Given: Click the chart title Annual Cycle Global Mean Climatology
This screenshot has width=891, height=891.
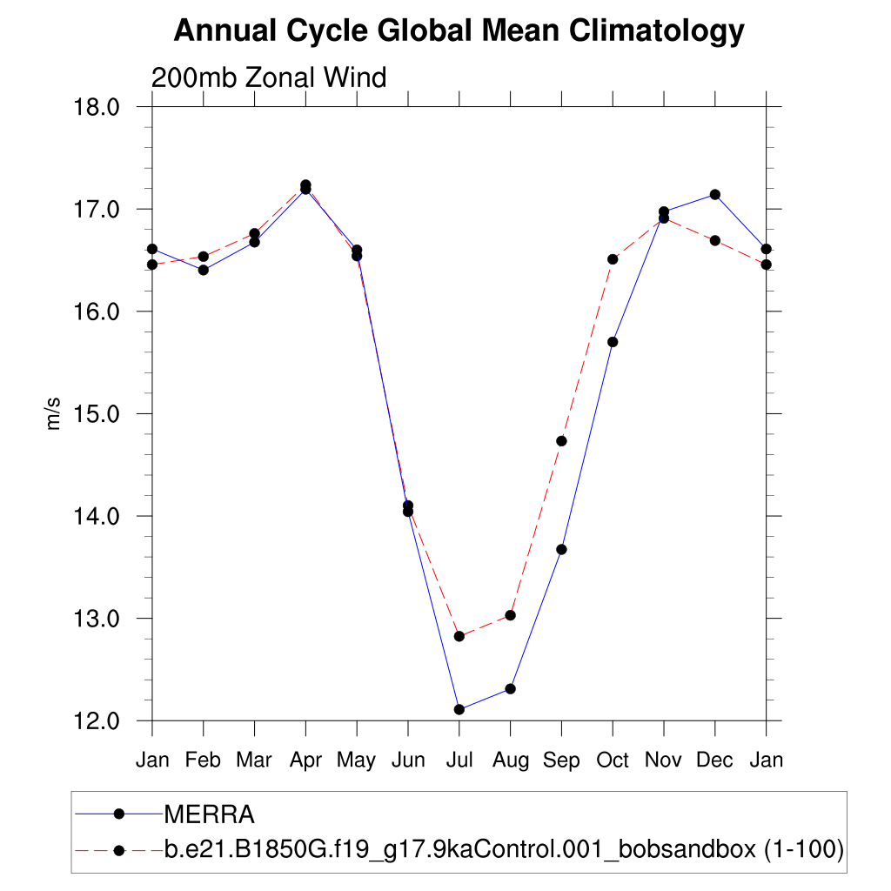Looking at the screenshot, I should (459, 31).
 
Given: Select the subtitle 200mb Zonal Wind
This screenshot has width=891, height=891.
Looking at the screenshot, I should (269, 77).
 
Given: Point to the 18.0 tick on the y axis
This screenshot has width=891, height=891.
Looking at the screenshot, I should (98, 107).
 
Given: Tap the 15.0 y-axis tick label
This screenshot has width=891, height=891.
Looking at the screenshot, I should (98, 414).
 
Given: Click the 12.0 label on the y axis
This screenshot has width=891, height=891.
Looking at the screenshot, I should (98, 721).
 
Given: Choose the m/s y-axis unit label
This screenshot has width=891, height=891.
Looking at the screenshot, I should (54, 414).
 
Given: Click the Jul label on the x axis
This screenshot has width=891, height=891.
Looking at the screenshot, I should (459, 760).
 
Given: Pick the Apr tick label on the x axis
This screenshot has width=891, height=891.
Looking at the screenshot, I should (305, 760).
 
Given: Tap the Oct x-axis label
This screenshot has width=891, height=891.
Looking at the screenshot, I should (613, 760).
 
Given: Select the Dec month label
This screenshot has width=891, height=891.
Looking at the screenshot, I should (715, 760).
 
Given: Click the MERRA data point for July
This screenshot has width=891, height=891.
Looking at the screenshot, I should (459, 710).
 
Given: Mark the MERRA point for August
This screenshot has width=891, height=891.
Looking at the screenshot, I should (511, 689).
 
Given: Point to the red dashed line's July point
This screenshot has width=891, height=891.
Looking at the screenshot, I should (459, 637).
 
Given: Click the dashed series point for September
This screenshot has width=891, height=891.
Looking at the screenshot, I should (561, 441).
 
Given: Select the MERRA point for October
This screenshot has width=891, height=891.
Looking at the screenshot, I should (613, 342).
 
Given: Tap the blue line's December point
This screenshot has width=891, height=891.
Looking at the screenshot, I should (715, 195).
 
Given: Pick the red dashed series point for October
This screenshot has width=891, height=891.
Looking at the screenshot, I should (613, 259).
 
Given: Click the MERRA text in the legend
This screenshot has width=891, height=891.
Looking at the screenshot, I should (209, 815).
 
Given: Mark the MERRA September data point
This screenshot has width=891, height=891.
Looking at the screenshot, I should (561, 549).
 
